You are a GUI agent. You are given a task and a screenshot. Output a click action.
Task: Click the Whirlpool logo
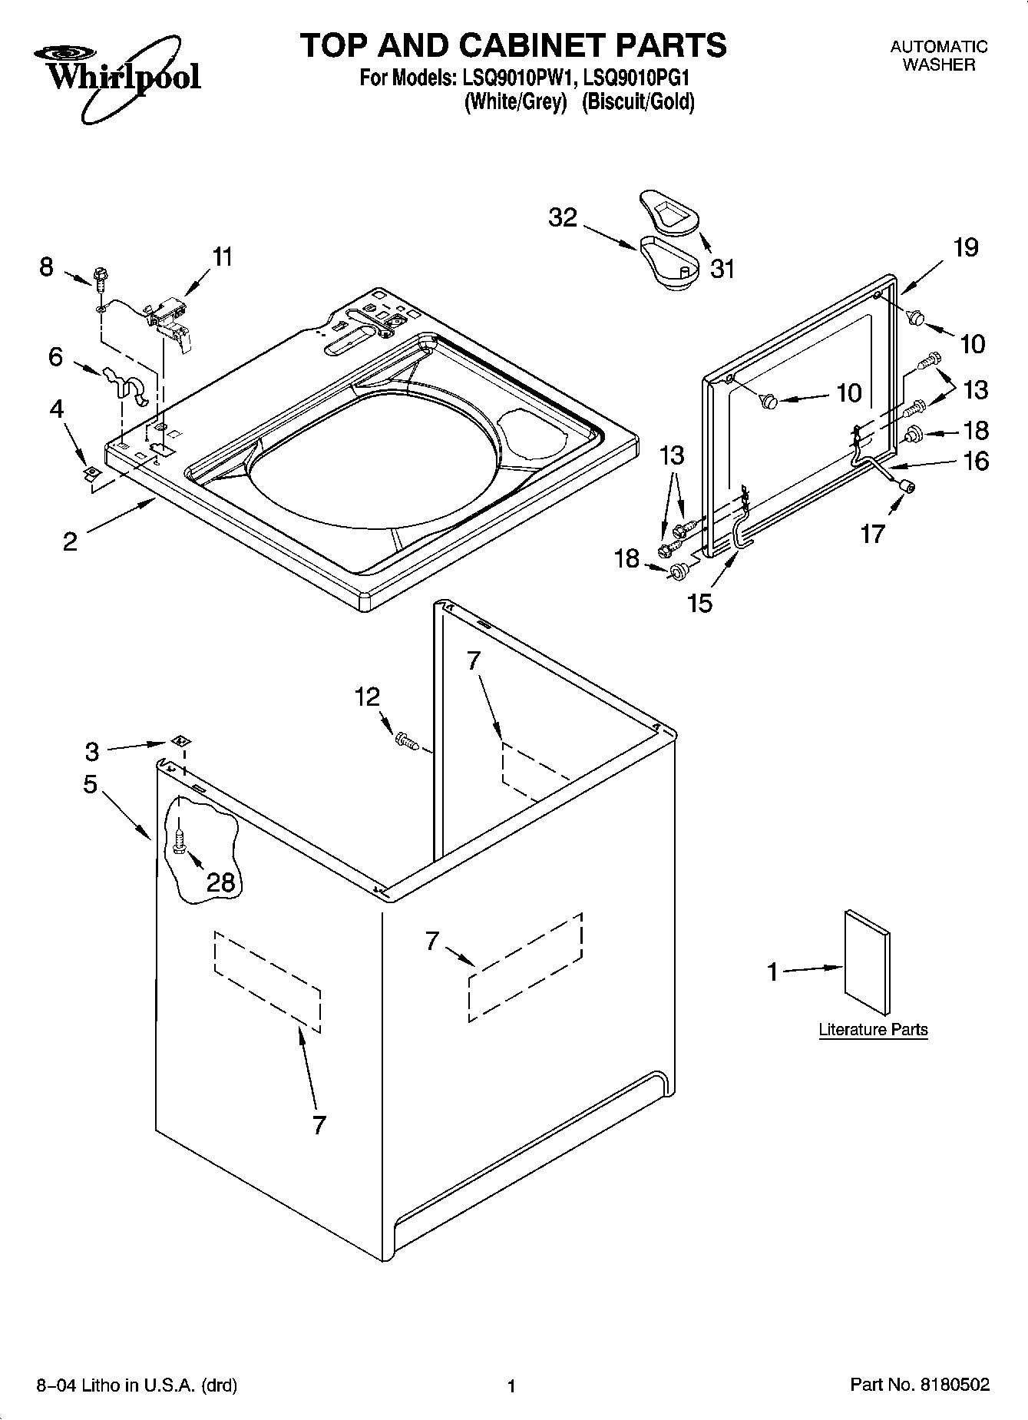point(117,77)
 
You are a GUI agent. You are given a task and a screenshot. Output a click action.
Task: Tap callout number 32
point(562,218)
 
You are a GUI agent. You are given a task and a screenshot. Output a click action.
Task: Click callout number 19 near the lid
point(966,247)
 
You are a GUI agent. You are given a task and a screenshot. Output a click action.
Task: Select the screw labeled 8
point(100,277)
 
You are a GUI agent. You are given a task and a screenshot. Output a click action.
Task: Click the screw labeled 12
point(405,740)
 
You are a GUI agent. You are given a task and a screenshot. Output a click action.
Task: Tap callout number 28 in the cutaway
point(220,882)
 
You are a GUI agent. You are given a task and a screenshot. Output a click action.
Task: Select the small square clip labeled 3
point(182,741)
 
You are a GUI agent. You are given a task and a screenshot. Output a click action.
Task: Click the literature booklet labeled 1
point(868,965)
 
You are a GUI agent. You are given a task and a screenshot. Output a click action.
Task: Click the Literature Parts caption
point(873,1030)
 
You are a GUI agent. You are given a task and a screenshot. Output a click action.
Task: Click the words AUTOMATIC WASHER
point(938,56)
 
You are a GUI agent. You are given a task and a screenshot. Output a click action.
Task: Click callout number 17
point(873,533)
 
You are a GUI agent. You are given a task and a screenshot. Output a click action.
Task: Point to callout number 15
point(700,602)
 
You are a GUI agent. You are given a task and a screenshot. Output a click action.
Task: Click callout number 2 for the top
point(70,541)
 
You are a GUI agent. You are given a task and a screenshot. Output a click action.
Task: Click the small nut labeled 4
point(92,472)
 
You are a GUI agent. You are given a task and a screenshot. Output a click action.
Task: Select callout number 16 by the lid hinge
point(976,461)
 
